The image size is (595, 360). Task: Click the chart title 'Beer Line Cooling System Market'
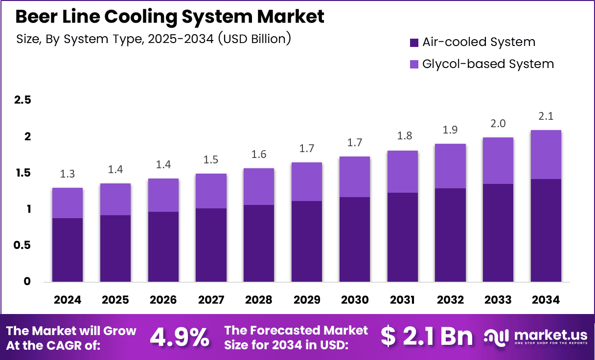(170, 17)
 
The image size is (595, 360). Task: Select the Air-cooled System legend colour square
(414, 43)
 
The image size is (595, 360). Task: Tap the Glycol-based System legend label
(488, 64)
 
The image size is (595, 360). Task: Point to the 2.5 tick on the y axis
(23, 100)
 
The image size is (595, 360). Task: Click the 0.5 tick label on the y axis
(23, 245)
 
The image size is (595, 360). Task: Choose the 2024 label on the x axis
(68, 299)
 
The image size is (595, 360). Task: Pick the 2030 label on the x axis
(355, 299)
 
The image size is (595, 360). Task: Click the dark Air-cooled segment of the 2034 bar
(546, 230)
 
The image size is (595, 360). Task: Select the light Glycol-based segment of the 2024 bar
(68, 203)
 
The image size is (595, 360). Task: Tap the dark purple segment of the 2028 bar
(259, 243)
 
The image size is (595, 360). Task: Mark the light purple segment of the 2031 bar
(402, 172)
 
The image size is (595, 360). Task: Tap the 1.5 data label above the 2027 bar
(211, 160)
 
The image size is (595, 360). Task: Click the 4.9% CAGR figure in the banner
(180, 337)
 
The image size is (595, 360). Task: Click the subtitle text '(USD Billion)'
(254, 39)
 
